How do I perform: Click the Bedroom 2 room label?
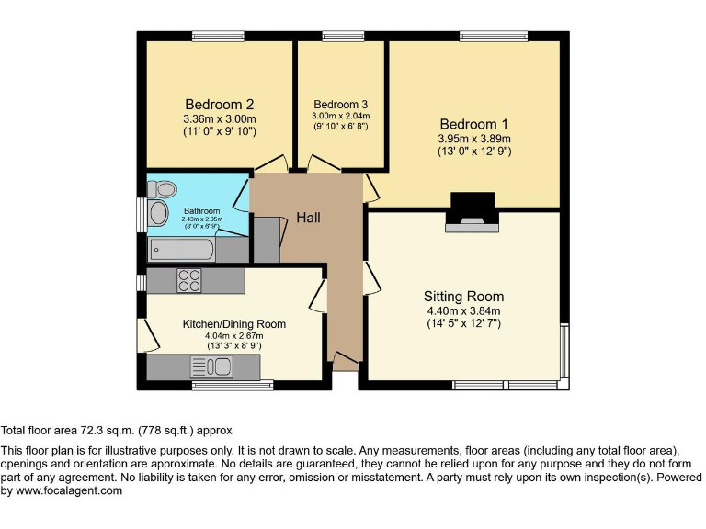[219, 104]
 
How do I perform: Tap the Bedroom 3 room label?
[340, 104]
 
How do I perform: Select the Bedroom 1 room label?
[473, 124]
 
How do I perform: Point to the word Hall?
[308, 218]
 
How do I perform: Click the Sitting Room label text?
[463, 297]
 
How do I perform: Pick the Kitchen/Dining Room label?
[233, 324]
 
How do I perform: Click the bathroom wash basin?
[159, 215]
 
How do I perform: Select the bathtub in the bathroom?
[184, 249]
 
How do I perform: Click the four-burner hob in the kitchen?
[189, 280]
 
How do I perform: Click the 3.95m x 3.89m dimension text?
[473, 140]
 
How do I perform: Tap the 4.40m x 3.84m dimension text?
[463, 311]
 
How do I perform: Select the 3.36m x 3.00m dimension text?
[219, 118]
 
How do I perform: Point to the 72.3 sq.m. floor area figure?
[108, 430]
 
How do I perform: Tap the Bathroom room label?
[201, 209]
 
